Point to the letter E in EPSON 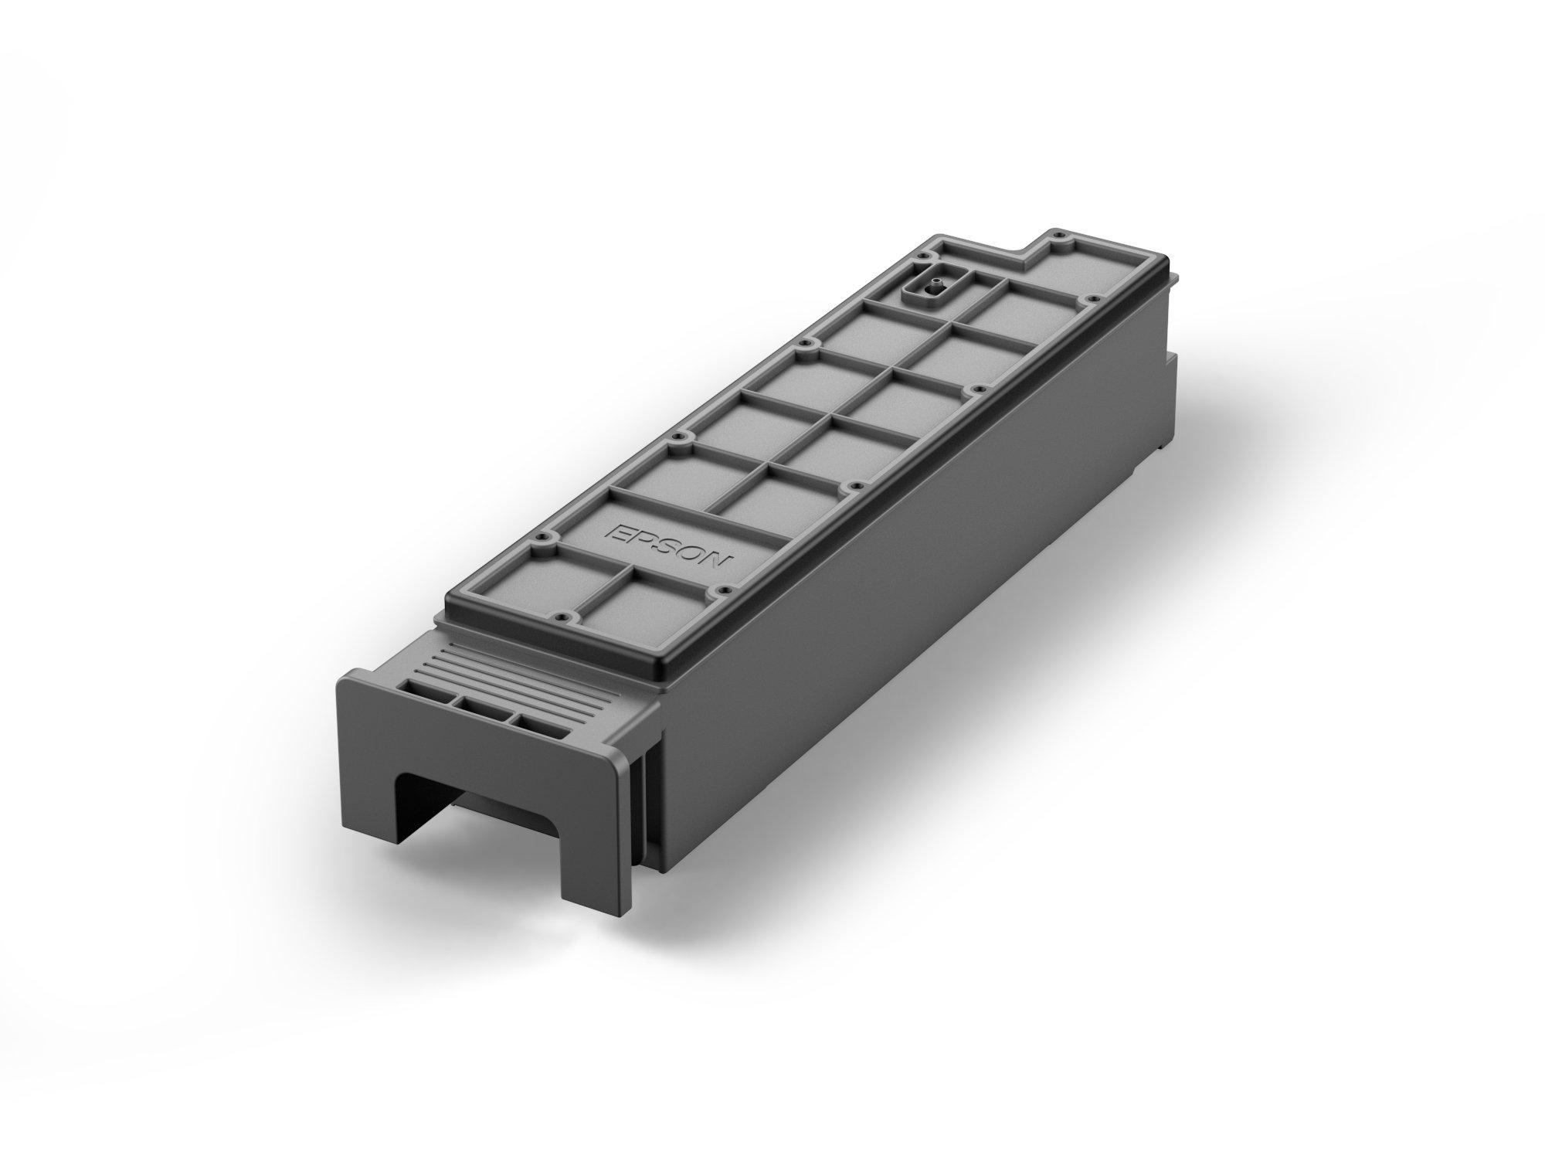pos(617,532)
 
